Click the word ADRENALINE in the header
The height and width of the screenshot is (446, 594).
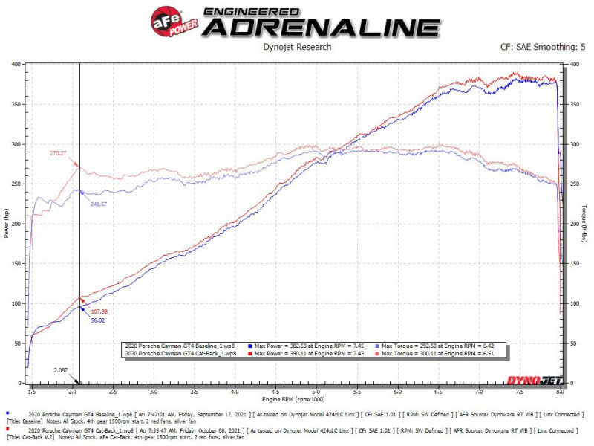pyautogui.click(x=321, y=28)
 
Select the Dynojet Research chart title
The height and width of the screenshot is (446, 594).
pyautogui.click(x=297, y=48)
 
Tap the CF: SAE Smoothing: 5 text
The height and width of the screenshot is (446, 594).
pyautogui.click(x=544, y=48)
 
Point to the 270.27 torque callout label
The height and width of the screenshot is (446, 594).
pyautogui.click(x=59, y=153)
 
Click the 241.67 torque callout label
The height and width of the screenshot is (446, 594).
pyautogui.click(x=103, y=204)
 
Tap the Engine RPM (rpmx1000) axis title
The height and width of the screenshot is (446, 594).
pyautogui.click(x=297, y=400)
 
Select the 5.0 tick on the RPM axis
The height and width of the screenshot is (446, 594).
pyautogui.click(x=316, y=390)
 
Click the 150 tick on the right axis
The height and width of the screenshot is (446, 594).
pyautogui.click(x=574, y=264)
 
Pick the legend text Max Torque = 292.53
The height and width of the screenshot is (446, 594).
pyautogui.click(x=427, y=346)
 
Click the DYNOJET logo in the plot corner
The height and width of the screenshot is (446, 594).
pyautogui.click(x=530, y=381)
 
